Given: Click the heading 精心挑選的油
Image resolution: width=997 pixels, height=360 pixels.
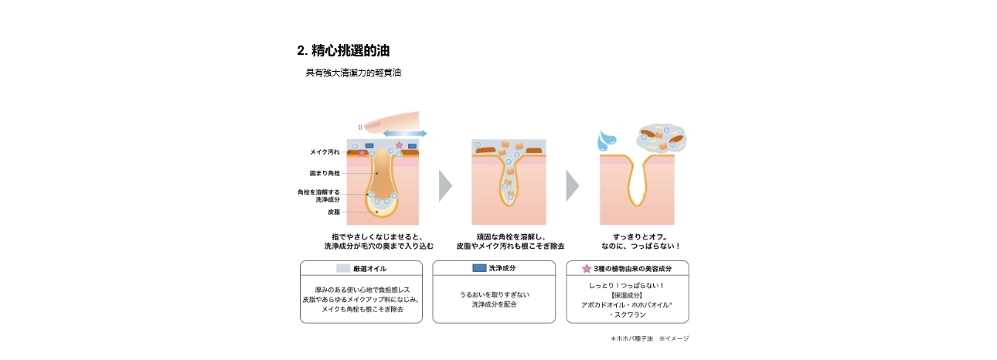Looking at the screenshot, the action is coord(343,51).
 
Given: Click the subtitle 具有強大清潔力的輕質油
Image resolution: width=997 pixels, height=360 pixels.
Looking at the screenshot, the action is coord(353,73).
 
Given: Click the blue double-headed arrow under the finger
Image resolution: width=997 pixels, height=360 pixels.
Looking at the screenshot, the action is coord(405,134).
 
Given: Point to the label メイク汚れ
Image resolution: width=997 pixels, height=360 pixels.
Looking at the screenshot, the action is coord(324,152).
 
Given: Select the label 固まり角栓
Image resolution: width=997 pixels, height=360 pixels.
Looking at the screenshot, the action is coord(324,173).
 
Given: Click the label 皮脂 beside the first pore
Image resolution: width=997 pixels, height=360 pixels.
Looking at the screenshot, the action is coord(333,211).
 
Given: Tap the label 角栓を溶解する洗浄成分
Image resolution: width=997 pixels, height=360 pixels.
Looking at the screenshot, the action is coord(318,195).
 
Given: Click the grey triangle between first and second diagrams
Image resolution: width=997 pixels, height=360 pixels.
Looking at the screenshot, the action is coord(444,185).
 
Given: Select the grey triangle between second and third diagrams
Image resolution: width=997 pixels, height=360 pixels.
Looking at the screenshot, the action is coord(571,185).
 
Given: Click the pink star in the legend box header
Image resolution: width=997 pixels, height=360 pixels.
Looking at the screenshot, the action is coord(586,269).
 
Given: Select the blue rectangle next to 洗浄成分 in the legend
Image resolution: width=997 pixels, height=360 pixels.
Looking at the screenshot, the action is coord(479,268).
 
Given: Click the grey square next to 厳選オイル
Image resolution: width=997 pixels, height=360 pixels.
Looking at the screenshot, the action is coord(344,269).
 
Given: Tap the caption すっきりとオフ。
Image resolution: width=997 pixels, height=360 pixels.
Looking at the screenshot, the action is coord(639,236).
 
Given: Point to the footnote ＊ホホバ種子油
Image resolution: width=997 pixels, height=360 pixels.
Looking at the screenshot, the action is coord(632,338).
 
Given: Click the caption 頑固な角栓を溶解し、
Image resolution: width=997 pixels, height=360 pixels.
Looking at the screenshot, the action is coord(511,236).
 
